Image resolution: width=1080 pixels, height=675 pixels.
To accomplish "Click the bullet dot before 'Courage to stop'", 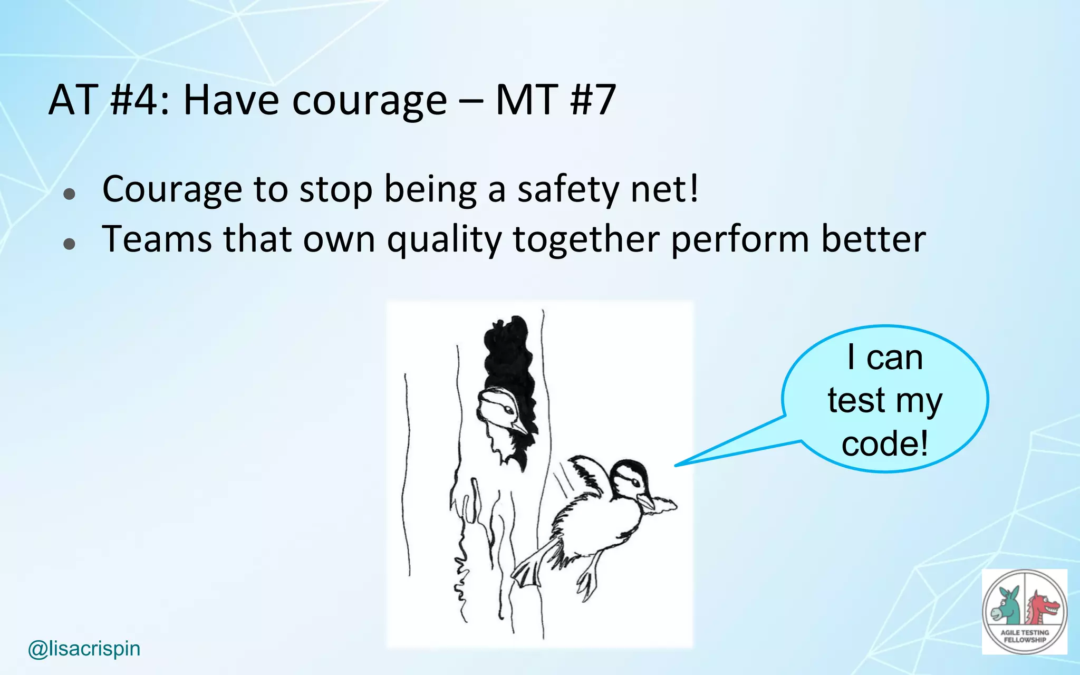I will (x=69, y=194).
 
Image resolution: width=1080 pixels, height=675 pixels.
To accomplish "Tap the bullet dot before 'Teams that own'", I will (x=69, y=244).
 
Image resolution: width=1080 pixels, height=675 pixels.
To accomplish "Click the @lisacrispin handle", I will (x=84, y=648).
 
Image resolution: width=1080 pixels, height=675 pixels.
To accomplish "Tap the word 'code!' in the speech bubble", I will (x=884, y=443).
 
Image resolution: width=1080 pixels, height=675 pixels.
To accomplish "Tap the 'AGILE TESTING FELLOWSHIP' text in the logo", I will (x=1025, y=636).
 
